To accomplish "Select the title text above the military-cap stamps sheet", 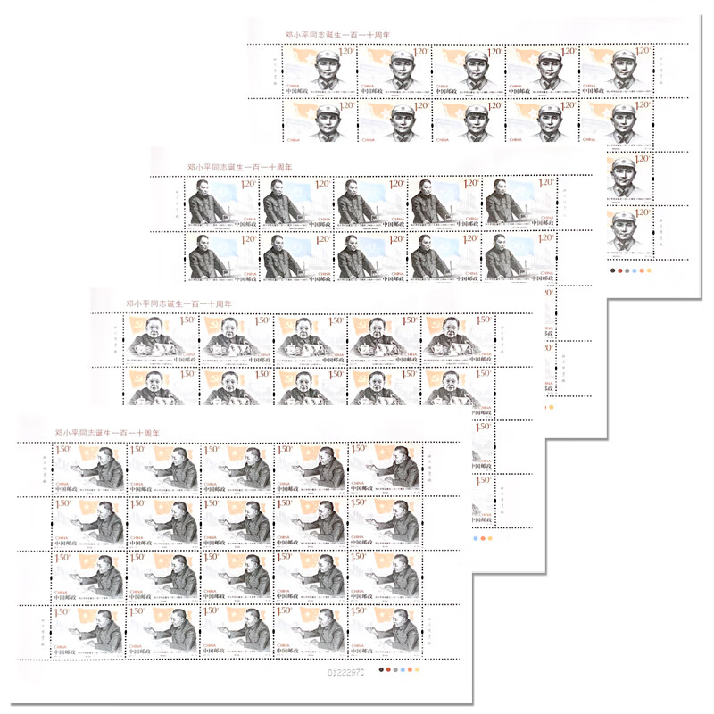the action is click(x=331, y=35).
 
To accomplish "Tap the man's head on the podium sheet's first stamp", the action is click(x=199, y=190).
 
